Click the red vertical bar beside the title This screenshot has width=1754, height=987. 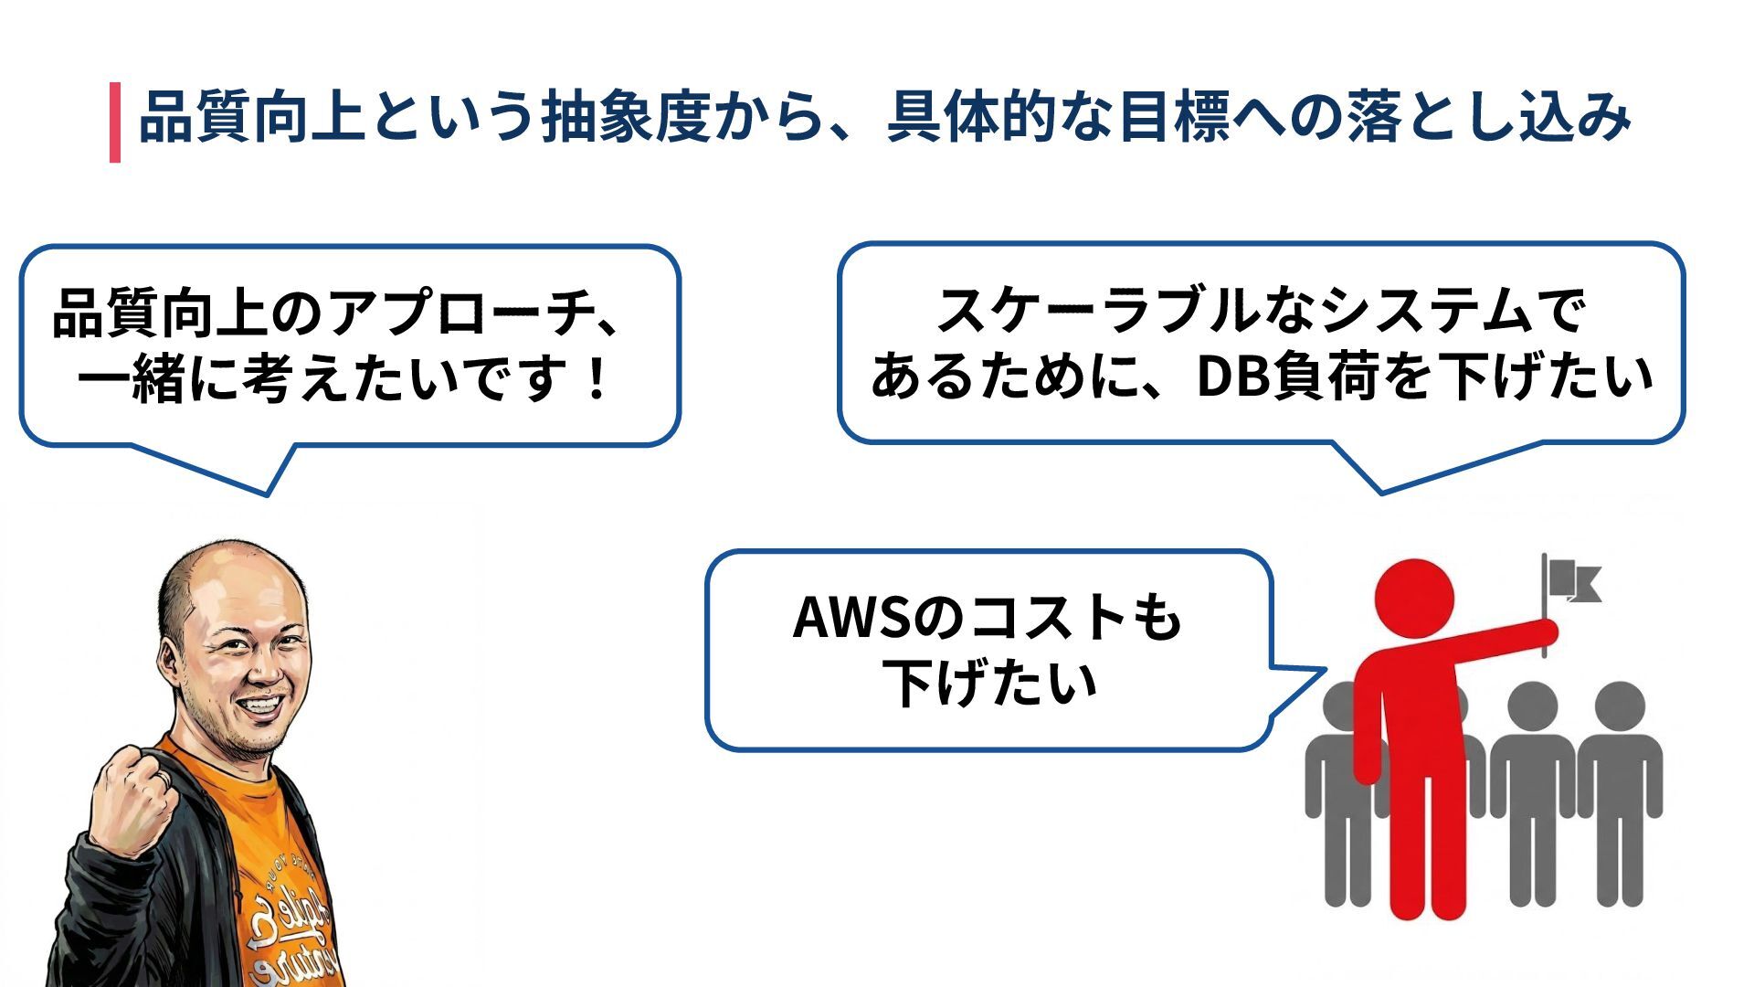click(x=115, y=122)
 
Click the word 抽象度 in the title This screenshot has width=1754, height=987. click(x=626, y=118)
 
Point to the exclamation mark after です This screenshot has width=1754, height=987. click(x=597, y=378)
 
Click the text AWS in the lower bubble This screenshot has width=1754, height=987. click(x=852, y=618)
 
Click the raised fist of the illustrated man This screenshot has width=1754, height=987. click(x=137, y=795)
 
